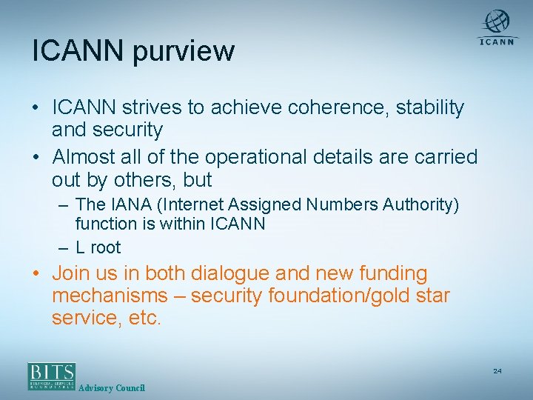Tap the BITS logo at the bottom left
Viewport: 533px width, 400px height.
[52, 376]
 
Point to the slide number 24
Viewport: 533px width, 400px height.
[497, 370]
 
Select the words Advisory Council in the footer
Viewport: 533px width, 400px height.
[112, 387]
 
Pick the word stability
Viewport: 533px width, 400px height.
[430, 108]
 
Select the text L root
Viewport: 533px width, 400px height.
[98, 247]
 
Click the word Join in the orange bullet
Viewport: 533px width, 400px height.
[72, 274]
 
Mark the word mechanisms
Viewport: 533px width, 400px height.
[110, 296]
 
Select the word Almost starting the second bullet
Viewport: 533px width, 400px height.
[87, 158]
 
